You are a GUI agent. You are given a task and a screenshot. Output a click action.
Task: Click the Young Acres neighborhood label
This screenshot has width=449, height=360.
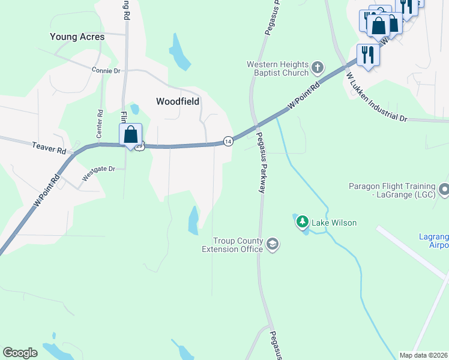77,37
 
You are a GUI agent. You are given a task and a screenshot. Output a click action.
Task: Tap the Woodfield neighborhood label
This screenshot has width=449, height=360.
177,101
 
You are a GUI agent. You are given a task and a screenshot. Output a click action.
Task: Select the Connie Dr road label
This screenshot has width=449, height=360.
106,70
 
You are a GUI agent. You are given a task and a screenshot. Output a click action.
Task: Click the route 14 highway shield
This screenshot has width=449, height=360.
228,141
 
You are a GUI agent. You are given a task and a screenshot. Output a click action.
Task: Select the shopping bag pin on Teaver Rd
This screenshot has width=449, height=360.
130,135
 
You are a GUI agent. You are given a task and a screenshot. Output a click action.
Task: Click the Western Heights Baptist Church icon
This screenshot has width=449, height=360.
318,67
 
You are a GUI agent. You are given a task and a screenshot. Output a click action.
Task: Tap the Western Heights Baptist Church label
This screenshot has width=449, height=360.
278,68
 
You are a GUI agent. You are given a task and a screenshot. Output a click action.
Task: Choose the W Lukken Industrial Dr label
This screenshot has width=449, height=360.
376,98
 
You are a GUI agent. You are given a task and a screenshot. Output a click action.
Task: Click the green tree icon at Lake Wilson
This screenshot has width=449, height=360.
303,223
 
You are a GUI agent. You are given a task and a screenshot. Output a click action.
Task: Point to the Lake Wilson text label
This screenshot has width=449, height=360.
334,223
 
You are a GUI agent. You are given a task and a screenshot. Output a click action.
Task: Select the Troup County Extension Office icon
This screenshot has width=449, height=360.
273,244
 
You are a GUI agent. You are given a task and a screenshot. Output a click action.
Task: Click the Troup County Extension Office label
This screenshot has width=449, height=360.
232,245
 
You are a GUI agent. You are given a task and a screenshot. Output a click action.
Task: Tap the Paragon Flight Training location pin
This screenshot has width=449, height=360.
444,190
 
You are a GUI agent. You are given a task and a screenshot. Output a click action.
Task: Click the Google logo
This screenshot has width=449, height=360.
20,353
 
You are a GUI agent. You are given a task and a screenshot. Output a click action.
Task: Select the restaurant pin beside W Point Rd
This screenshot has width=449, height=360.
367,55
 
